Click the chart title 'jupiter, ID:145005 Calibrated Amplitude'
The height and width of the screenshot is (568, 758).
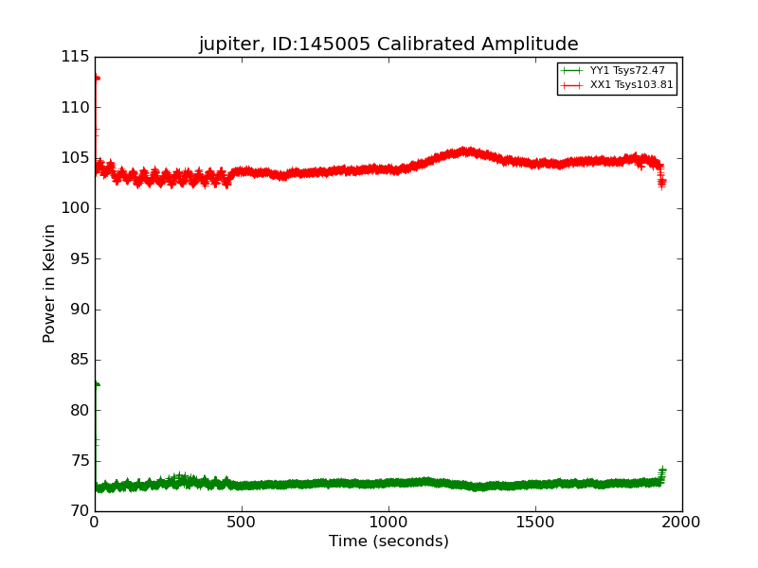(x=388, y=44)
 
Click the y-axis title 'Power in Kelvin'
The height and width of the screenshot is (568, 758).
(x=50, y=283)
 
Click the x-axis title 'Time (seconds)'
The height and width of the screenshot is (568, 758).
(x=388, y=541)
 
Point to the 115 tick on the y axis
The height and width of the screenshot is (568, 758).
(x=74, y=57)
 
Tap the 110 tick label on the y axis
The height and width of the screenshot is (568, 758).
(x=74, y=108)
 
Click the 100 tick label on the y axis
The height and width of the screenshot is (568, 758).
(x=74, y=208)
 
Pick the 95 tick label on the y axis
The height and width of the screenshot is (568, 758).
(x=78, y=259)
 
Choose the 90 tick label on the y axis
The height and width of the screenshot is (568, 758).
(x=78, y=310)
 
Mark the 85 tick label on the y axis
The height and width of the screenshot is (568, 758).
(x=78, y=360)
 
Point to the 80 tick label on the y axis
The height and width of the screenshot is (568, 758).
(x=78, y=411)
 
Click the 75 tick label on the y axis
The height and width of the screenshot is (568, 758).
(x=78, y=461)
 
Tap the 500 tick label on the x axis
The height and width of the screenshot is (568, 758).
(x=242, y=522)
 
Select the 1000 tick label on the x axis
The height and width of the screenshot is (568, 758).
(x=388, y=522)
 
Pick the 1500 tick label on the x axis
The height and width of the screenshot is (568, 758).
(x=535, y=522)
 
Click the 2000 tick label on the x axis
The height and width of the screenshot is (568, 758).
(x=682, y=522)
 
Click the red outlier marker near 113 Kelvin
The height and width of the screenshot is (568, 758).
(x=97, y=78)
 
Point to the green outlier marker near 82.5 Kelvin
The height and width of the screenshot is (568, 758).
(x=97, y=384)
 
